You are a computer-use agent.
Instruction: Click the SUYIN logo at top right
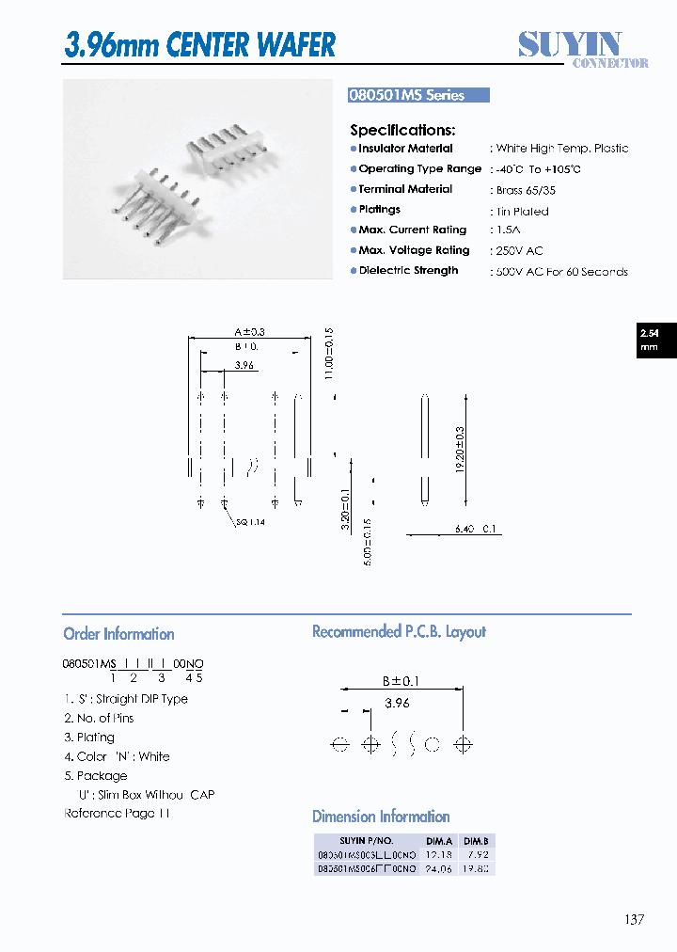point(583,47)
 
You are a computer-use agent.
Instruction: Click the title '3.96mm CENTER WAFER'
point(199,44)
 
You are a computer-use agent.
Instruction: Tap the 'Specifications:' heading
point(402,130)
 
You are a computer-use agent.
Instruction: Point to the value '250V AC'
point(518,251)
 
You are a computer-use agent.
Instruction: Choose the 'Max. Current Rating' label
point(412,230)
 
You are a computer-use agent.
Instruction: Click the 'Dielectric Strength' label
point(408,271)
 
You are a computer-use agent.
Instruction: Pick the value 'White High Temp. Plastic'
point(561,149)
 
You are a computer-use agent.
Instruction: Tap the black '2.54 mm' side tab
point(649,341)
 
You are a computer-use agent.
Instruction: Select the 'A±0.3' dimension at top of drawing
point(249,331)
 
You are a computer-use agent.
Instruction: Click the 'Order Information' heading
point(118,634)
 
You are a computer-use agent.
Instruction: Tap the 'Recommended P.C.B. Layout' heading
point(399,632)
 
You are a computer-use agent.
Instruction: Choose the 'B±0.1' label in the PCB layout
point(400,682)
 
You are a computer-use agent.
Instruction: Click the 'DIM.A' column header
point(439,841)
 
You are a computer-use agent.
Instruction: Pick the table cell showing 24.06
point(439,869)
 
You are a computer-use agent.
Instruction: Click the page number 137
point(634,920)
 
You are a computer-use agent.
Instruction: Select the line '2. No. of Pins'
point(99,719)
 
